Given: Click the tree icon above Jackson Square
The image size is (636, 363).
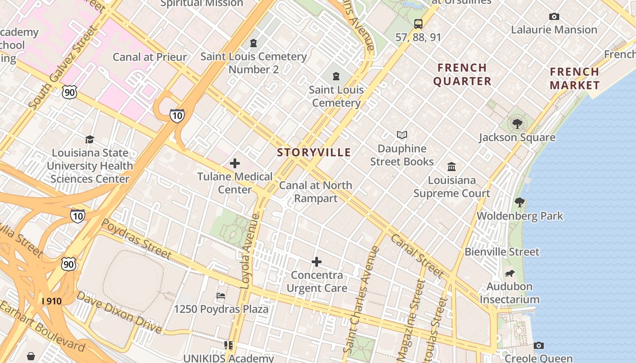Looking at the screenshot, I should coord(517,123).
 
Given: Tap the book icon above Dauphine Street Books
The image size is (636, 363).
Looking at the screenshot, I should coord(402,135).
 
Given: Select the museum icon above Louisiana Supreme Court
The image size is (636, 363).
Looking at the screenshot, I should coord(452,167).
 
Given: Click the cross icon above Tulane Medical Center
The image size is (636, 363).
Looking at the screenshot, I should coord(235,163).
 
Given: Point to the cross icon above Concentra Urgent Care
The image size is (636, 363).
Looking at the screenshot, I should coord(317,261).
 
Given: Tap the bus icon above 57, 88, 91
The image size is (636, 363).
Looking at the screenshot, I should coord(418,24).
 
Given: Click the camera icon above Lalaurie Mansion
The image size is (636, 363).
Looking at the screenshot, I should coord(554,17).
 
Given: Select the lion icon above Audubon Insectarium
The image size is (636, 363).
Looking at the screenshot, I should coord(510,273).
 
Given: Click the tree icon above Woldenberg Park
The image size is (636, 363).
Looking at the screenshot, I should coord(520,202).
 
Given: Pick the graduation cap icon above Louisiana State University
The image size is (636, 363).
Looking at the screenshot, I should coord(89,139).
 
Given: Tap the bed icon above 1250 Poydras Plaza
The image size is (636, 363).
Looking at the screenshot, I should coord(221,296).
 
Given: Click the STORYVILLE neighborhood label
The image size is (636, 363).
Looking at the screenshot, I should coord(314,152).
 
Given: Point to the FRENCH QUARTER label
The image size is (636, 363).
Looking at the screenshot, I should coord(462,74).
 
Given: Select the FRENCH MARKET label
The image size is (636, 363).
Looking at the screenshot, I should coord(575,78).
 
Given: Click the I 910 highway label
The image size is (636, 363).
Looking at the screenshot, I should coord(51,301).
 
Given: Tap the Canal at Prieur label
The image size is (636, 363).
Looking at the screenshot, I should coord(149,57).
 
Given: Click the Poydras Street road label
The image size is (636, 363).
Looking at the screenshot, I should coord(136,239).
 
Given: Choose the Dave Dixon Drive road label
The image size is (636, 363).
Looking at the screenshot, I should coord(119,312).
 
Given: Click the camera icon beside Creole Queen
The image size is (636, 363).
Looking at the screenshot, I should coord(538,346).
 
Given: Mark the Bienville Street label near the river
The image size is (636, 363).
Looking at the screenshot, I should coord(502,252).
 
